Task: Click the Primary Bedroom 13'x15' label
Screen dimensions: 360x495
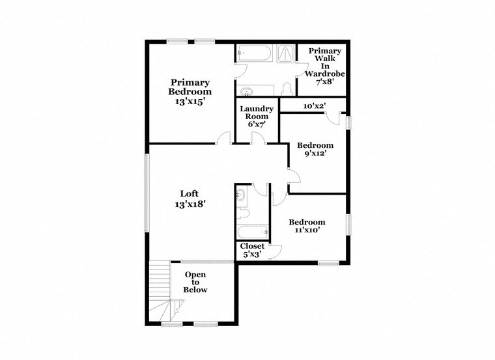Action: pos(190,92)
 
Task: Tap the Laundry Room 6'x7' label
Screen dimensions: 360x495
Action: pos(256,116)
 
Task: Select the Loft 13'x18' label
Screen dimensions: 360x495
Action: pos(190,199)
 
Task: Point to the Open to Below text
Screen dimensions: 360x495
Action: pos(195,283)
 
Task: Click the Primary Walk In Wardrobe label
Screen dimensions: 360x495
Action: pos(324,66)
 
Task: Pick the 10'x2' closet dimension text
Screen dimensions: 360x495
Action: pos(315,105)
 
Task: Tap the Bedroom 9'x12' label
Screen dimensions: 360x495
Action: pos(315,150)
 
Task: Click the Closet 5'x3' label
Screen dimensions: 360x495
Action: pos(252,250)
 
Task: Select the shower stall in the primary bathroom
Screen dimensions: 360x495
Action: pos(285,53)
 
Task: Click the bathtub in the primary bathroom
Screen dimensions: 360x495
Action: pos(253,53)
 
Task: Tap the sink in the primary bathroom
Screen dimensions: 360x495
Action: pos(247,91)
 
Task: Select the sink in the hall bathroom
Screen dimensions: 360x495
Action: pos(240,194)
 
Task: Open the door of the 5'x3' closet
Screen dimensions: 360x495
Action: pos(274,250)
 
